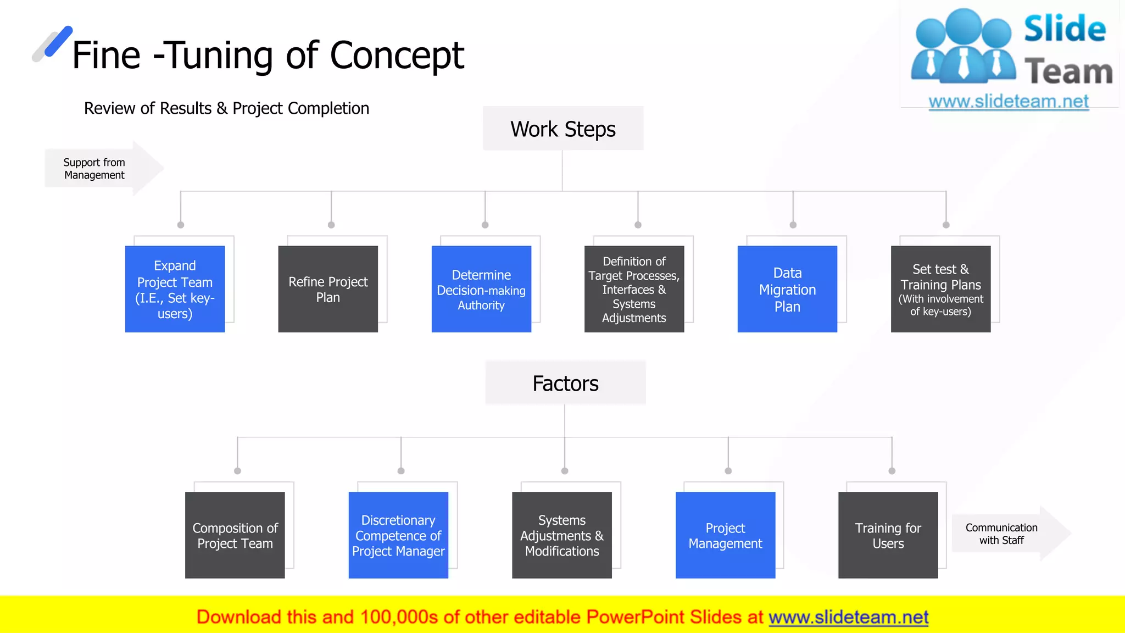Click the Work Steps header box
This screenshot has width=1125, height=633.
[563, 129]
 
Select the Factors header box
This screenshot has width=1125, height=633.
[565, 383]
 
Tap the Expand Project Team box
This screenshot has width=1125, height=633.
[175, 289]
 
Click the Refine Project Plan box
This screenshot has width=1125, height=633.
[328, 289]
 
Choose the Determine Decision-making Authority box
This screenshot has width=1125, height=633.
[481, 289]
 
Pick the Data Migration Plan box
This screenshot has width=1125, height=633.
[787, 289]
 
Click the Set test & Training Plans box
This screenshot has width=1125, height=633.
[940, 289]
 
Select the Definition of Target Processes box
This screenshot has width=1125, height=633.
[634, 289]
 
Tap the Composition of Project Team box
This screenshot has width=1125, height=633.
[235, 535]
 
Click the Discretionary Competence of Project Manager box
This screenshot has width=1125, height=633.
[398, 535]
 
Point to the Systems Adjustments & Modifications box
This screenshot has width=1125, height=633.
[561, 535]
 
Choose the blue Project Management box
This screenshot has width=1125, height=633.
[725, 535]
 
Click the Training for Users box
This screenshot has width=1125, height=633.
[888, 535]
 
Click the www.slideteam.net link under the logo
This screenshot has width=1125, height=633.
[1009, 102]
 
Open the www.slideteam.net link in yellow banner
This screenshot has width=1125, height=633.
[848, 617]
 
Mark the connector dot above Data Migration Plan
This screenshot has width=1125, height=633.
[793, 225]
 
